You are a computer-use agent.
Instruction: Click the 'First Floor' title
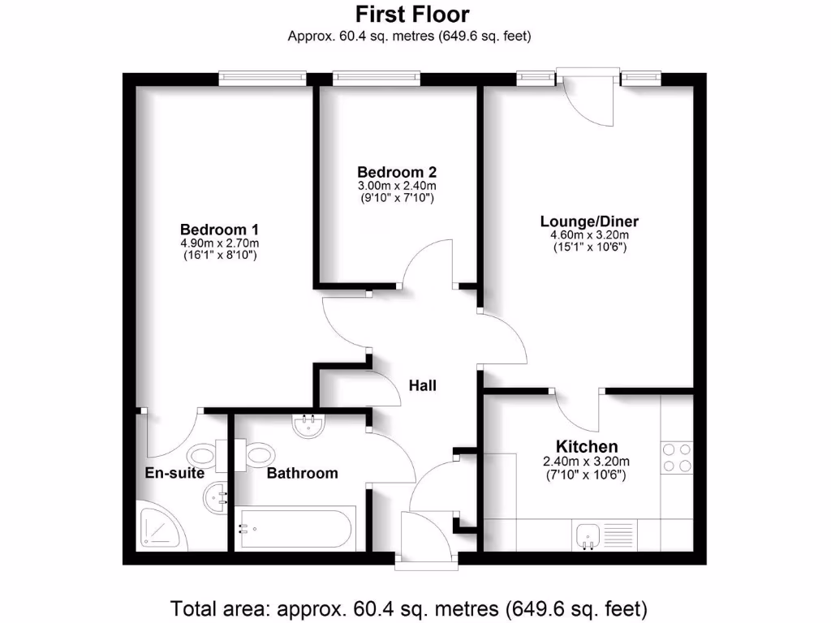412,14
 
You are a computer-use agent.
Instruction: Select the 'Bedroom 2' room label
397,172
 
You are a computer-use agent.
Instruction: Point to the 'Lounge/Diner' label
590,221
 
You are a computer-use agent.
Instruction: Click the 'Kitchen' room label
587,446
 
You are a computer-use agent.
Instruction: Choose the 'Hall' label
422,385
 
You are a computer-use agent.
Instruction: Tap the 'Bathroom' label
303,473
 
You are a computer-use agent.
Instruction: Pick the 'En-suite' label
174,473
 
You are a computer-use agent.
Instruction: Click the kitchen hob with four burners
678,457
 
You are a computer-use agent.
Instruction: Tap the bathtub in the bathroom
295,530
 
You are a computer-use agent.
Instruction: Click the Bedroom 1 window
262,78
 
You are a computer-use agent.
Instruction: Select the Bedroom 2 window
376,78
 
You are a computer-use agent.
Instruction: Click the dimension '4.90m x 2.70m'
219,243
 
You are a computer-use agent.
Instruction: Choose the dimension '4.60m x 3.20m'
590,235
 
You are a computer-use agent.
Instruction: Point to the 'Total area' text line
408,608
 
